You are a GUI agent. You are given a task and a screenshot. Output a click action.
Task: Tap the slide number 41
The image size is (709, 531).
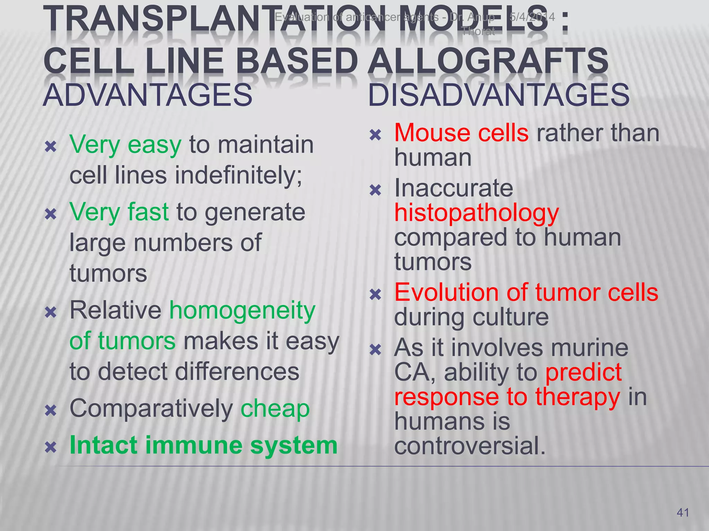click(x=683, y=513)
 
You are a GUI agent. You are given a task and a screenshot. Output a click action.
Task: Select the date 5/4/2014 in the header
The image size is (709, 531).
click(x=532, y=17)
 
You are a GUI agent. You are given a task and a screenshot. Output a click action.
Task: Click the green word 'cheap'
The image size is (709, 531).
click(x=275, y=408)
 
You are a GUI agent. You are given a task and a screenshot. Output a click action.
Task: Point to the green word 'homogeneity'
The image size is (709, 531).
click(x=242, y=310)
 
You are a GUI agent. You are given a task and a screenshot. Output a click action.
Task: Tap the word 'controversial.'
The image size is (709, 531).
click(x=470, y=446)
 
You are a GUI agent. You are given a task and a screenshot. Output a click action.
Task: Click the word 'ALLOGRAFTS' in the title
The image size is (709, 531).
click(x=488, y=61)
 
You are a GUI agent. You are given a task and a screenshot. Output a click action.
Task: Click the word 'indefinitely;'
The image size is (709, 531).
click(x=239, y=175)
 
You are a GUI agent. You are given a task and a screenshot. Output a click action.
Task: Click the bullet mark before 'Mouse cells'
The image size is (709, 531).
click(x=375, y=134)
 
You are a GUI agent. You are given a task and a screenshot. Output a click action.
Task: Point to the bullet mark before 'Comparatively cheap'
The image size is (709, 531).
click(x=51, y=411)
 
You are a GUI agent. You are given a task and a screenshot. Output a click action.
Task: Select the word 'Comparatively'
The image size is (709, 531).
click(x=151, y=408)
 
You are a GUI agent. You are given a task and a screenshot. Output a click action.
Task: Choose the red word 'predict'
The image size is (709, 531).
click(x=584, y=373)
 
